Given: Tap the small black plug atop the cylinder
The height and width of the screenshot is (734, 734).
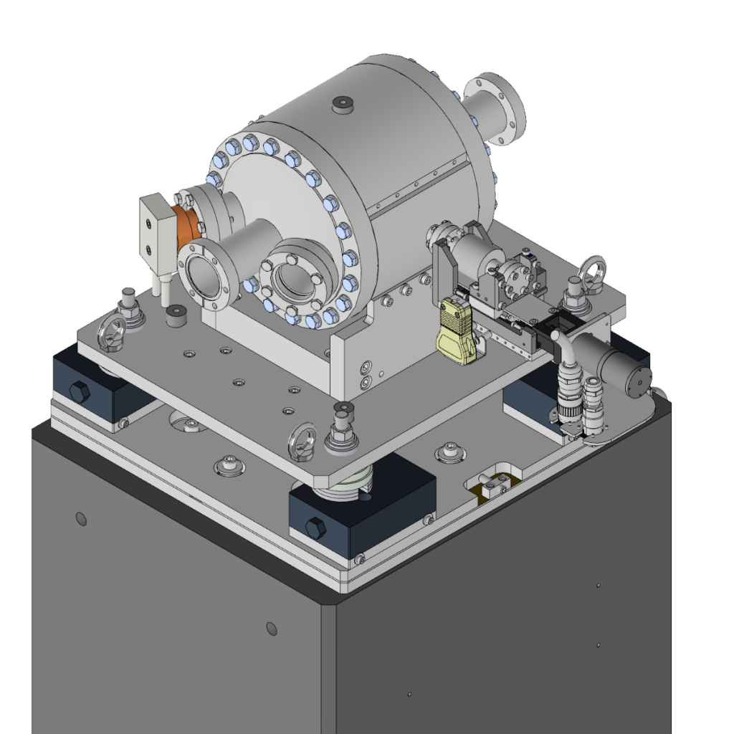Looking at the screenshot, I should coord(342,105).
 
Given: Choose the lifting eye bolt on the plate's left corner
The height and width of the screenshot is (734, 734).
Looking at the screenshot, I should coord(113,330).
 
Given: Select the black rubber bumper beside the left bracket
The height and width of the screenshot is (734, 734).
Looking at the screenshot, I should coord(174,316).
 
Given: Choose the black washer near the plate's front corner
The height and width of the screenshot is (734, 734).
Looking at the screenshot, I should coord(343,409).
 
